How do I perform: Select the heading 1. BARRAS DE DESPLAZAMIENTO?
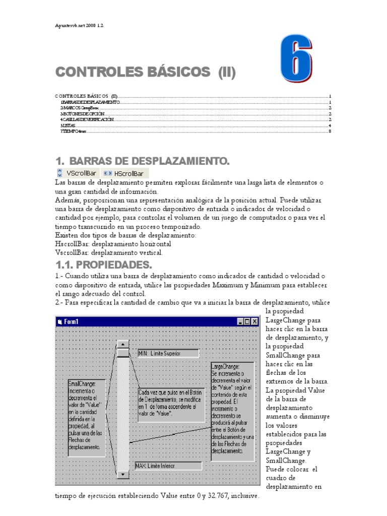(142, 161)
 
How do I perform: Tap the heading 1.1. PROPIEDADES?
(103, 265)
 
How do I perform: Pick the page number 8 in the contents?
(329, 132)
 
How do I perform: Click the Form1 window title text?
(71, 321)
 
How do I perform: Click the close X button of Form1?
(255, 321)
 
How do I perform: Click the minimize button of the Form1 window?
(240, 321)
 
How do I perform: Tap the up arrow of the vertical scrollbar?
(122, 345)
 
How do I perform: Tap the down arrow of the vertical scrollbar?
(122, 474)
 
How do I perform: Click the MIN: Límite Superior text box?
(168, 353)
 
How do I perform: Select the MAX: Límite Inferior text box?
(168, 466)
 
